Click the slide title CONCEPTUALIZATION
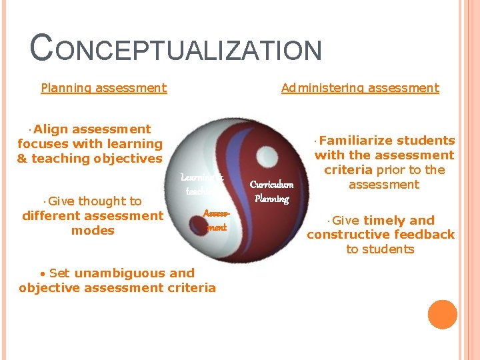click(177, 50)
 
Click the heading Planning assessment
click(103, 88)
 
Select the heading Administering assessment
click(360, 88)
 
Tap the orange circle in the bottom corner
click(443, 315)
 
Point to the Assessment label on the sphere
click(215, 219)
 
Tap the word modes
click(93, 231)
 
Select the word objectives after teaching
click(126, 159)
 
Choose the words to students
click(380, 249)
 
